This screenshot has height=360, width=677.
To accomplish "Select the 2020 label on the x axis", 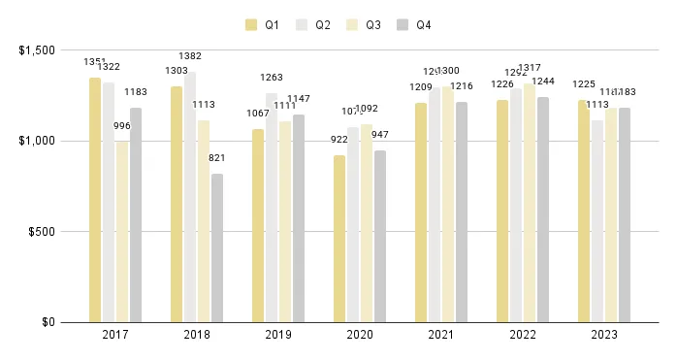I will click(360, 335).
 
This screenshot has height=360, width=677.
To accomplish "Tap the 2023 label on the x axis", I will click(604, 335).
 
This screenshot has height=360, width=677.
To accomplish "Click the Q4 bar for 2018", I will click(217, 247).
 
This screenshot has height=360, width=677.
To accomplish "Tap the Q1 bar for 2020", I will click(339, 239).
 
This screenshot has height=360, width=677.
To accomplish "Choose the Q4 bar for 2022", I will click(542, 210).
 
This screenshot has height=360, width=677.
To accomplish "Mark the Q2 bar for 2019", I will click(272, 208).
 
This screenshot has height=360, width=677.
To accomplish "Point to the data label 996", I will click(122, 126).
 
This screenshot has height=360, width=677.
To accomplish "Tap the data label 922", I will click(339, 141).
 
